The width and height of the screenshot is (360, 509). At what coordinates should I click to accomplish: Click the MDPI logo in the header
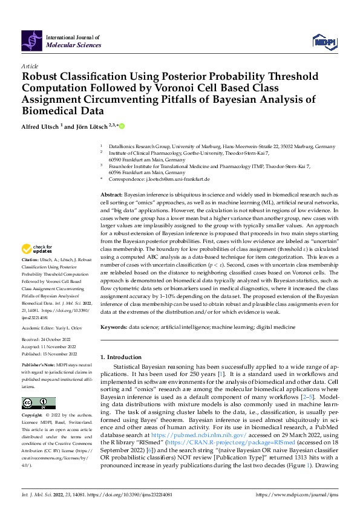coord(325,41)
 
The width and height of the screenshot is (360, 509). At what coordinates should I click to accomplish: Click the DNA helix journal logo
coord(32,41)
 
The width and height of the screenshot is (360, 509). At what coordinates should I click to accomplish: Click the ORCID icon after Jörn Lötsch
coord(121,126)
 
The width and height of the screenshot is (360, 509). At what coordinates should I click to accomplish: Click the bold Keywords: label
coord(114,327)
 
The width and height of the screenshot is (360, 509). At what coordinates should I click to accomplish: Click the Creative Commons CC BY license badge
coord(38,403)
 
